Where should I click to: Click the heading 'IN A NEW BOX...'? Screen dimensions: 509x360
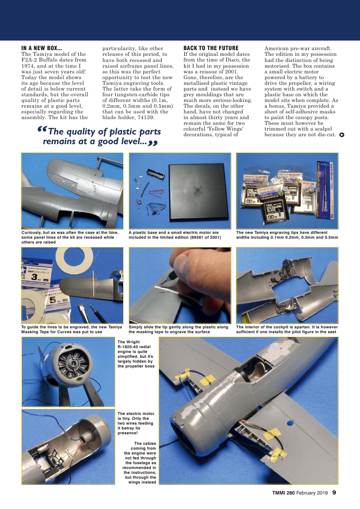pos(42,48)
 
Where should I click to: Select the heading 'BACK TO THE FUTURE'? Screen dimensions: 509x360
pos(211,48)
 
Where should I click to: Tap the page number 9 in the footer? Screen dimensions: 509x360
pos(334,492)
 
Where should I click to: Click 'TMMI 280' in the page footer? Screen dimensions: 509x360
pos(283,493)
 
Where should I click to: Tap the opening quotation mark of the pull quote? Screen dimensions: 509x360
pos(42,131)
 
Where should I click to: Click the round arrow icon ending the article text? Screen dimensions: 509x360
pos(342,135)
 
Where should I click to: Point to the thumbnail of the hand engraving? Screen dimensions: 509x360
pos(179,285)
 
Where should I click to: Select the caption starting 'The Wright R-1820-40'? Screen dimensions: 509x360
pos(136,354)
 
